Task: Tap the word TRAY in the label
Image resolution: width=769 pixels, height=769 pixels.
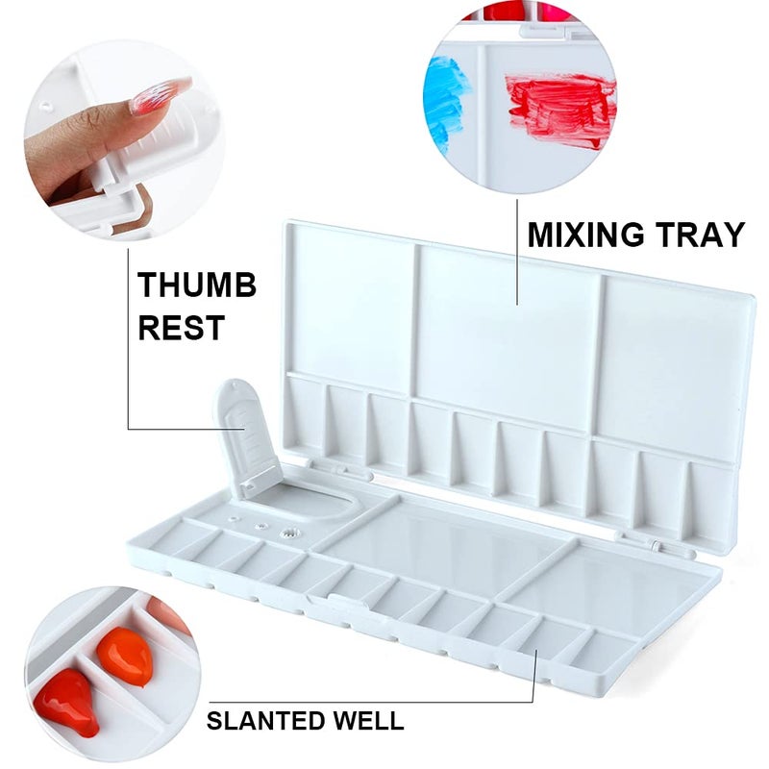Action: coord(700,235)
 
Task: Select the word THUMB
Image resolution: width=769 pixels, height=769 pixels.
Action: coord(197,285)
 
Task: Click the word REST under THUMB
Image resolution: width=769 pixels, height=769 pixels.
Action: coord(182,327)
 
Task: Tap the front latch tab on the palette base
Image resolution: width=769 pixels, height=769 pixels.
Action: coord(327,602)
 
